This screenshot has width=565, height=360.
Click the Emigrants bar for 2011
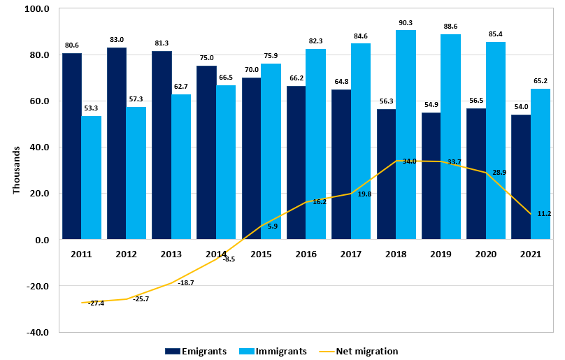71,146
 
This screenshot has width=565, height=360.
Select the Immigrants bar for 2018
406,135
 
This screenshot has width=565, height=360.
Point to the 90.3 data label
406,23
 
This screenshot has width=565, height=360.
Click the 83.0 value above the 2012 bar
116,40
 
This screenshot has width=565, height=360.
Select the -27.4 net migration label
96,303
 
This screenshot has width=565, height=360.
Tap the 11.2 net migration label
544,213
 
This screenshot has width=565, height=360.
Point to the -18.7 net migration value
185,282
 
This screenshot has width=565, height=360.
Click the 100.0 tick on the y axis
36,9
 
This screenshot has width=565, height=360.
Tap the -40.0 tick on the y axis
36,332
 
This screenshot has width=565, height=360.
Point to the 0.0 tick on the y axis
41,240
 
